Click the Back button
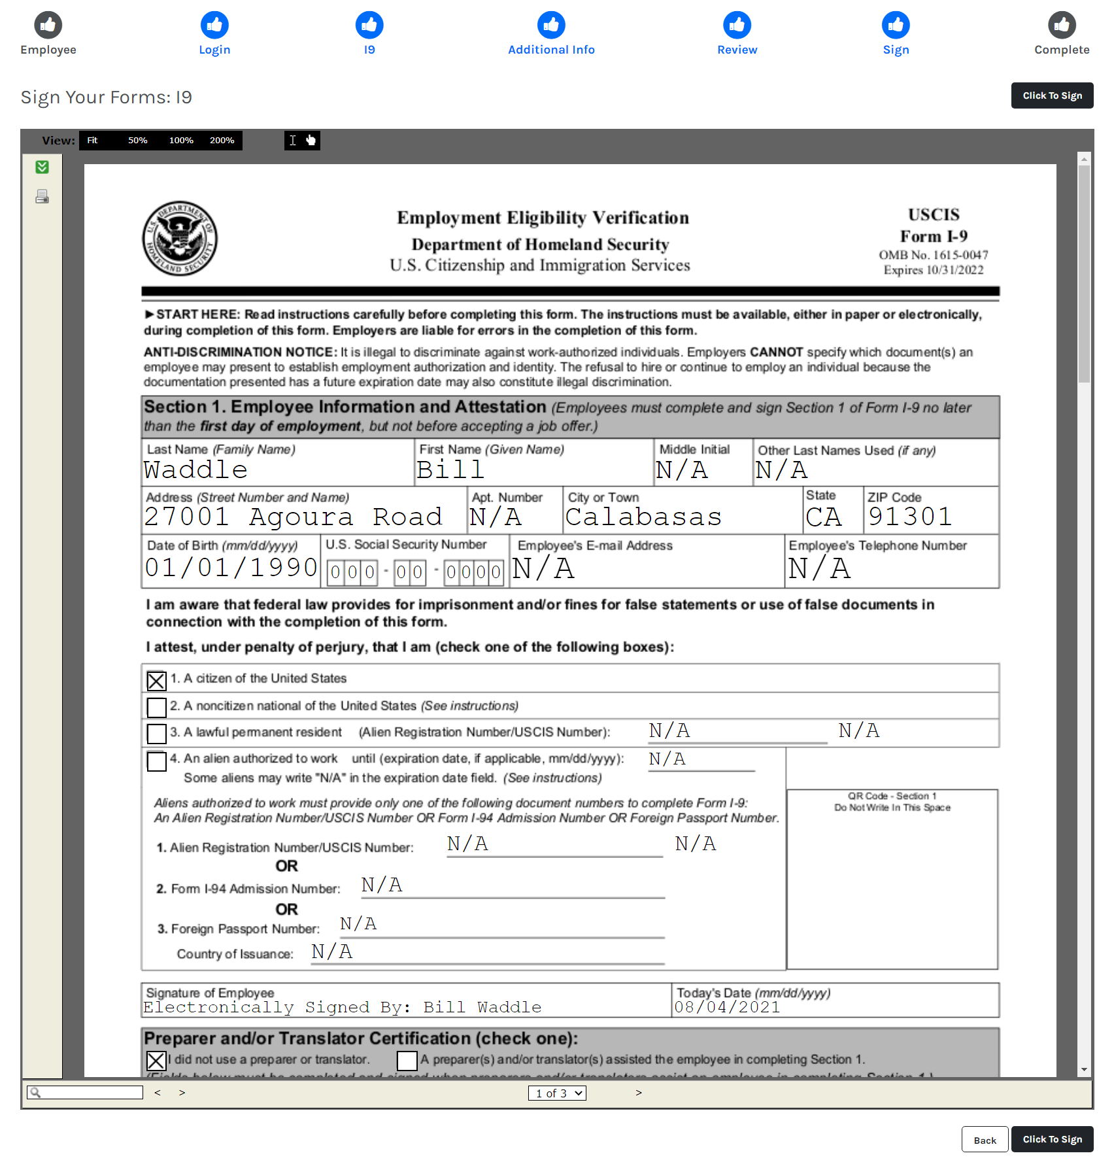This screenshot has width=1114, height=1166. pyautogui.click(x=984, y=1140)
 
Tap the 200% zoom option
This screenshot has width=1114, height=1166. pyautogui.click(x=222, y=141)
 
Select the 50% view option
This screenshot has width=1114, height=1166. pyautogui.click(x=137, y=141)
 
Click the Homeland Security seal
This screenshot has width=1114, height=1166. pyautogui.click(x=180, y=239)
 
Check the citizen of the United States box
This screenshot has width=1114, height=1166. pyautogui.click(x=156, y=681)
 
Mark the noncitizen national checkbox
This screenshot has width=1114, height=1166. pyautogui.click(x=156, y=707)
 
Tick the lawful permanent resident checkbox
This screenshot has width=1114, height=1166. pyautogui.click(x=156, y=733)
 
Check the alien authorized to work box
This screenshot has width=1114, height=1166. pyautogui.click(x=156, y=761)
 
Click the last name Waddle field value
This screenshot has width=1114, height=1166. pyautogui.click(x=195, y=470)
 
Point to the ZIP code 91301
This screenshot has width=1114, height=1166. pyautogui.click(x=909, y=517)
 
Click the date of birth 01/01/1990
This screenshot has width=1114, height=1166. pyautogui.click(x=231, y=568)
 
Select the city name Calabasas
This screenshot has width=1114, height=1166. pyautogui.click(x=643, y=517)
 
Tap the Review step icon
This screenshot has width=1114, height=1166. pyautogui.click(x=737, y=25)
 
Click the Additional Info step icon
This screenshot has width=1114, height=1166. pyautogui.click(x=551, y=25)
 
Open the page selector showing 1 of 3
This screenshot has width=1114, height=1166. pyautogui.click(x=557, y=1093)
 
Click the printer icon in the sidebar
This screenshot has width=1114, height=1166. pyautogui.click(x=42, y=196)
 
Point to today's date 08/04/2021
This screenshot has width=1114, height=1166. pyautogui.click(x=727, y=1007)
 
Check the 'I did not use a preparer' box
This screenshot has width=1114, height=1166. pyautogui.click(x=156, y=1060)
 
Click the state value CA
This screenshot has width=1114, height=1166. pyautogui.click(x=824, y=517)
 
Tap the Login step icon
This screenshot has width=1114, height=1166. pyautogui.click(x=214, y=25)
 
